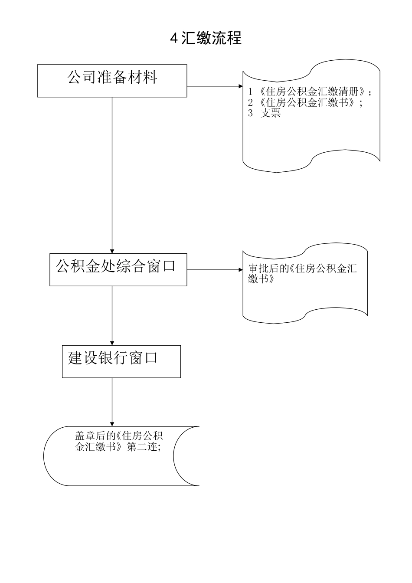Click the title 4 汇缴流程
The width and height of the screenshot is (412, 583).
pos(206,38)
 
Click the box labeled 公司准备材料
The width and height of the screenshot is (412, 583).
pos(112,81)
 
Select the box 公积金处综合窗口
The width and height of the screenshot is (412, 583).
pos(118,269)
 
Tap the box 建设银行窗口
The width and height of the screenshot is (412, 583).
pos(121,361)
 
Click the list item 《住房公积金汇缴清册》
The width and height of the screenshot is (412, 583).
pos(312,92)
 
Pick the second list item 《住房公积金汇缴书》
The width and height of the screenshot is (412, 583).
pos(307,103)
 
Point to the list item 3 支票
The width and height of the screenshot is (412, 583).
pos(265,114)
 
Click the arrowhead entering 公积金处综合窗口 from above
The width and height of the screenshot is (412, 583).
pos(112,251)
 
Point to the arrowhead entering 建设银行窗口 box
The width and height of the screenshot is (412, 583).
pos(112,343)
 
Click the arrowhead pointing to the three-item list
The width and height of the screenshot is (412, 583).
pos(241,86)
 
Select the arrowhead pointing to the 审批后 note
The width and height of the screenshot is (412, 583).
pos(241,269)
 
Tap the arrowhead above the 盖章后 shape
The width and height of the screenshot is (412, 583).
pos(112,424)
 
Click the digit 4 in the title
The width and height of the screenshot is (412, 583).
pos(174,39)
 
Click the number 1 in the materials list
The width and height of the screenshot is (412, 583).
pos(250,92)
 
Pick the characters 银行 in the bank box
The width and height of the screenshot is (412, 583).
pos(113,358)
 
